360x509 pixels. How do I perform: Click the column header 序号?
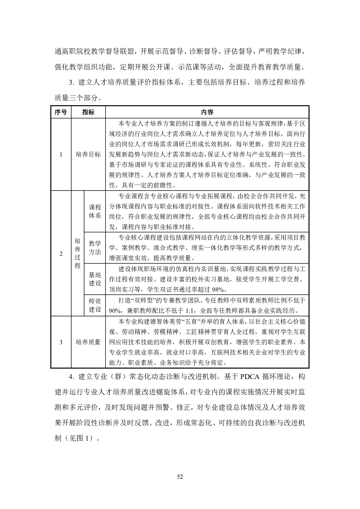click(61, 112)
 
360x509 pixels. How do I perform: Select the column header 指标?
click(88, 112)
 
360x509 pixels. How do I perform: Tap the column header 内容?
click(207, 112)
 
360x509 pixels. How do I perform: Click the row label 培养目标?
click(88, 154)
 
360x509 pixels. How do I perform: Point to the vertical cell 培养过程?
click(78, 253)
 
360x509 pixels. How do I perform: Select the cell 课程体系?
click(95, 212)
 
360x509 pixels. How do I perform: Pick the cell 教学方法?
click(95, 248)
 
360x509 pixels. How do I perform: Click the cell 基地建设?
click(95, 279)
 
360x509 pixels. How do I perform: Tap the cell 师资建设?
click(95, 305)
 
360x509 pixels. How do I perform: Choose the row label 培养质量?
click(88, 342)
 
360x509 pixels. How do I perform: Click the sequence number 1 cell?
click(61, 154)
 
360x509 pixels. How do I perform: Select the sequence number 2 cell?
click(61, 253)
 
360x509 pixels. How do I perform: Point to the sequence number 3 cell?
click(61, 342)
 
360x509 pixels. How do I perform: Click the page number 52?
click(180, 477)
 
